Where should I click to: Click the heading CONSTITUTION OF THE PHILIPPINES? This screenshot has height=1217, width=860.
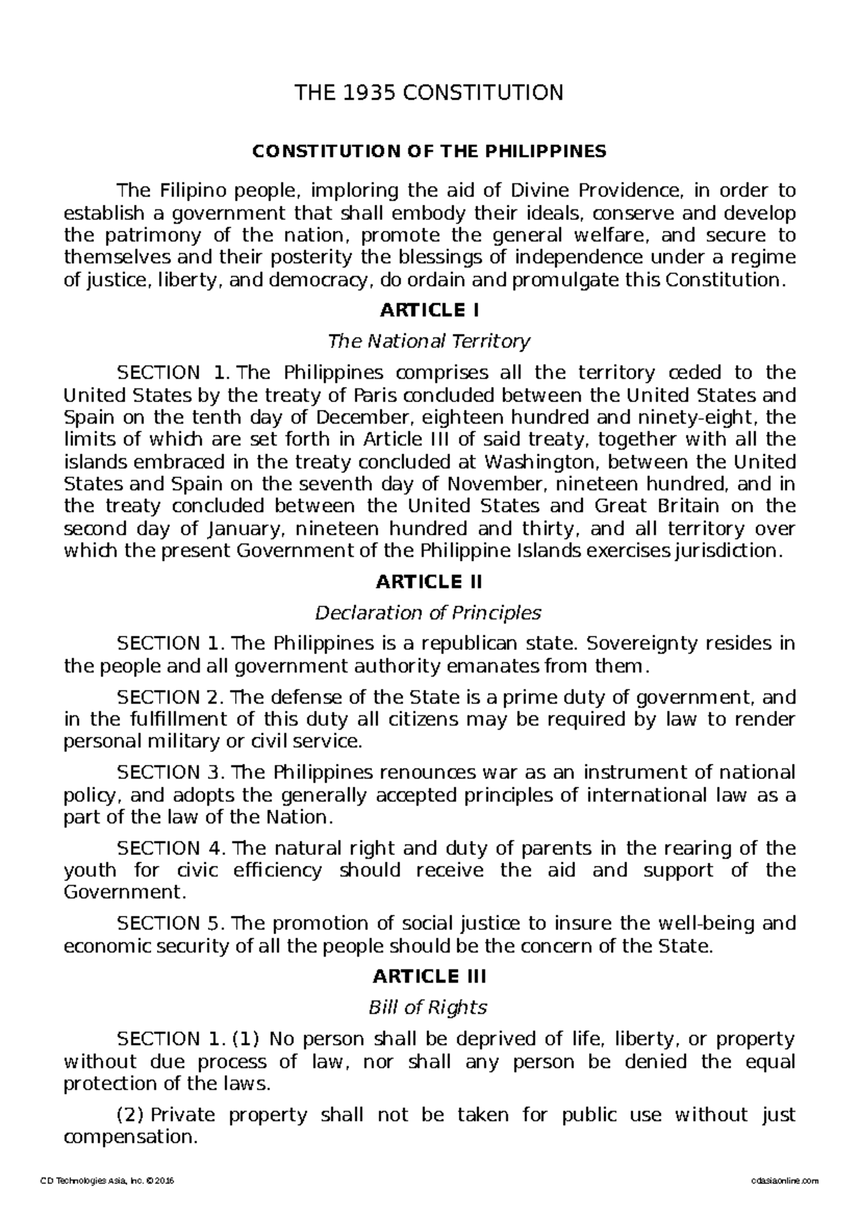[x=428, y=151]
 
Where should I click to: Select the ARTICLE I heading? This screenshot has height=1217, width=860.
[x=429, y=310]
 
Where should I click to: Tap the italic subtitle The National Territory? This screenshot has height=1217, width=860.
[x=429, y=341]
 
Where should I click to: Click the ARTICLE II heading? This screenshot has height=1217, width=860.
[x=429, y=581]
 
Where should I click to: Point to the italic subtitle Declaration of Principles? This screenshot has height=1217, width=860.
[x=429, y=613]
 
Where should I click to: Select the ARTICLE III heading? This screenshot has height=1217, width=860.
[x=429, y=976]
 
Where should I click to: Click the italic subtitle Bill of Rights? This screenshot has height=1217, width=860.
[x=428, y=1007]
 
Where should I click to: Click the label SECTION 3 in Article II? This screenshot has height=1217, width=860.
[x=171, y=773]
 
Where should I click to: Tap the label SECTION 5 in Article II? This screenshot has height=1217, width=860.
[x=171, y=923]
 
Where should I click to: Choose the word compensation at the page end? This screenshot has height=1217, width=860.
[x=129, y=1137]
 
